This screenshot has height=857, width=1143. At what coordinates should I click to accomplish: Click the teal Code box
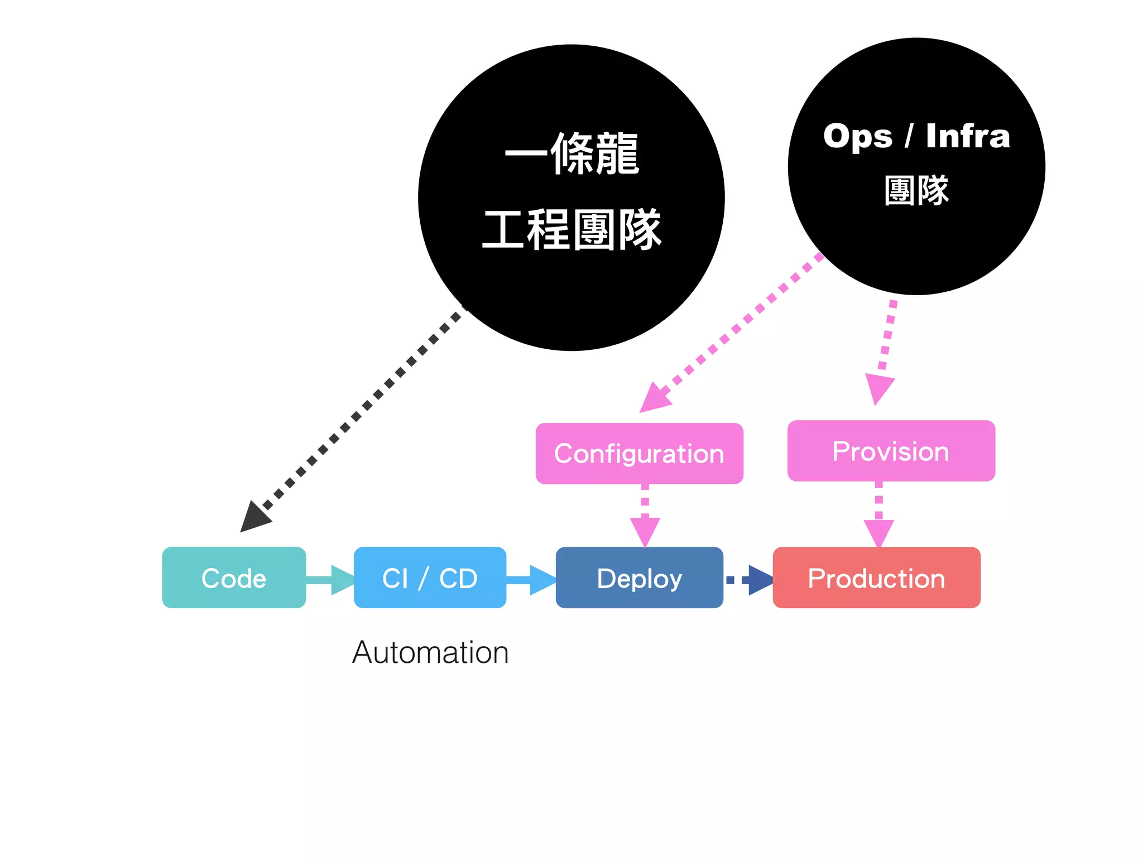tap(234, 577)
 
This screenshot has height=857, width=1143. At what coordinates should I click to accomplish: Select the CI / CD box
tap(430, 577)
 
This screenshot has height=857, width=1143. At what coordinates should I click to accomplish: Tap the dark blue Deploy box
tap(639, 577)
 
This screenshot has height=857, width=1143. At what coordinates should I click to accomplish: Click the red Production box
tap(876, 577)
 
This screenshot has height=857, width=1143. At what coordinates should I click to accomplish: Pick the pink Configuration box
tap(639, 453)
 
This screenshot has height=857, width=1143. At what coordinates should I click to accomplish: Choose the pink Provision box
tap(891, 451)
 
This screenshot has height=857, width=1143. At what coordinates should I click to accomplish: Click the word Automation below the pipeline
tap(430, 652)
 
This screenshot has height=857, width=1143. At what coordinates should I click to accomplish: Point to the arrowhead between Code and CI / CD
tap(342, 580)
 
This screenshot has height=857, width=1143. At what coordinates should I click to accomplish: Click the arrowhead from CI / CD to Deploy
tap(541, 580)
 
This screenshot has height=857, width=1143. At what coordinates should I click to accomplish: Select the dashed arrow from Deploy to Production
tap(751, 580)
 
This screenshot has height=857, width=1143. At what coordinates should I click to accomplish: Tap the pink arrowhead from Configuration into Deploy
tap(645, 530)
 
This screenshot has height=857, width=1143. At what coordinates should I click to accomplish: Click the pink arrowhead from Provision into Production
tap(879, 532)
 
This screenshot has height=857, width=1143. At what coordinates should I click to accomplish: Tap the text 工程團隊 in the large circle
tap(572, 229)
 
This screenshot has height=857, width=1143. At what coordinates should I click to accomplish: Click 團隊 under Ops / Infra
tap(916, 190)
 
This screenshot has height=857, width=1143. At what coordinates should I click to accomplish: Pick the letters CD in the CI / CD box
tap(458, 578)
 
